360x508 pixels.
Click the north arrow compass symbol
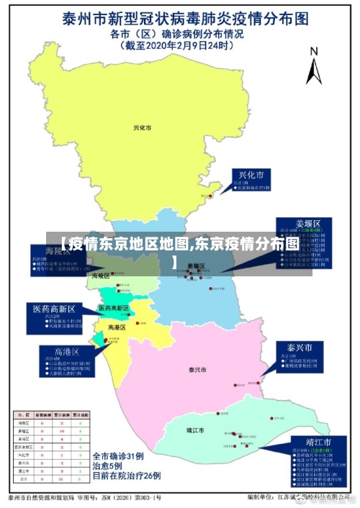pos(313,71)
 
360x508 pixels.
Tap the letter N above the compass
pos(313,51)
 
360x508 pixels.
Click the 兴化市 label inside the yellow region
pos(143,127)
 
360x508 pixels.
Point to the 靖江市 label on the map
pos(195,430)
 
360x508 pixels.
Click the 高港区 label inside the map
pos(117,327)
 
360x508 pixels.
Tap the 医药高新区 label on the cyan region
pos(114,308)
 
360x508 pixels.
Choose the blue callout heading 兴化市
pos(251,175)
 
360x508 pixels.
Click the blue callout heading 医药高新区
pos(55,309)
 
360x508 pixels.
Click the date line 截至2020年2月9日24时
pos(178,45)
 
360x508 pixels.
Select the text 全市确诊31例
pos(120,455)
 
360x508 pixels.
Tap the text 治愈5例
pos(107,466)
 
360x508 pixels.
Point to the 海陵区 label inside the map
pos(100,276)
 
